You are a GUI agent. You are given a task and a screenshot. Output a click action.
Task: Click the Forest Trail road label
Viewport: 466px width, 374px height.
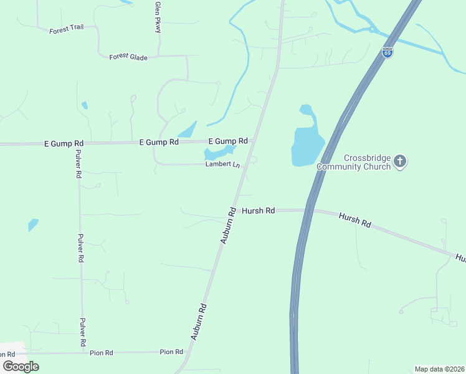(x=67, y=28)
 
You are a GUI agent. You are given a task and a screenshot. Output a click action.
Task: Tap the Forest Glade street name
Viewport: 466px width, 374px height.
(x=128, y=57)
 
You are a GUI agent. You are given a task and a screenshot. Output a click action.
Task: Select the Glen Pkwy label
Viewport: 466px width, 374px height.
(x=158, y=17)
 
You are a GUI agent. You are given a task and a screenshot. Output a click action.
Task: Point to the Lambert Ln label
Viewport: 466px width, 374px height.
(x=223, y=165)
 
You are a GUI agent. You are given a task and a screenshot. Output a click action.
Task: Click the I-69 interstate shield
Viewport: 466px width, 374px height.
(x=388, y=52)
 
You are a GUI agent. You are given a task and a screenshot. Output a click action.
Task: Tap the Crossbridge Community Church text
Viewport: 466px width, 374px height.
(x=353, y=162)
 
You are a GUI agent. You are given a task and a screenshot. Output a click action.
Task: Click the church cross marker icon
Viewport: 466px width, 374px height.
(x=400, y=162)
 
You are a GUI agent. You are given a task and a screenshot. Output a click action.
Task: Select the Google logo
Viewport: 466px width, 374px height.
(x=21, y=366)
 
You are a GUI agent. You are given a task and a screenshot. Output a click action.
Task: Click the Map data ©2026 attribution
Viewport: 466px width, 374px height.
(x=439, y=369)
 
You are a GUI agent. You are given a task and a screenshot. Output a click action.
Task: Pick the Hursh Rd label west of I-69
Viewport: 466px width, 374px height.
(x=258, y=211)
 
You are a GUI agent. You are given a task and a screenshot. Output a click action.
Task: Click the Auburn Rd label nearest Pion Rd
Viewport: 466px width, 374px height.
(x=199, y=321)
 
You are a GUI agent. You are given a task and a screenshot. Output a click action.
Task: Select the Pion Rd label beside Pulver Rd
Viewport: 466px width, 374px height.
(x=100, y=353)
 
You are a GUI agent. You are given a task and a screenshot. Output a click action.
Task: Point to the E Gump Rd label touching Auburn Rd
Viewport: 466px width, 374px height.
(x=228, y=141)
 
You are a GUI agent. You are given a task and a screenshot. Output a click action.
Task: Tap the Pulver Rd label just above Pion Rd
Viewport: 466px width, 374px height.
(x=82, y=332)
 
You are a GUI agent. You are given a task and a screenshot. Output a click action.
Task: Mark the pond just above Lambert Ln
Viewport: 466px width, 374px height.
(x=218, y=151)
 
